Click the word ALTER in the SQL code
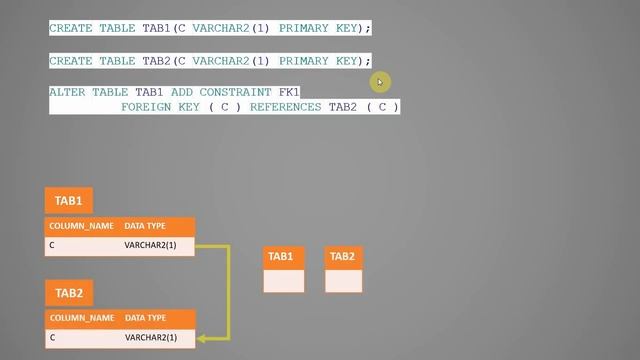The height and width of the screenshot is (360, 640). (67, 92)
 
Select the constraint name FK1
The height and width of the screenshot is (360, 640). (288, 92)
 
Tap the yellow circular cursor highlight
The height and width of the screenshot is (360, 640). (380, 82)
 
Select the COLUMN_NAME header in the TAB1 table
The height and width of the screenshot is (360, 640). (81, 227)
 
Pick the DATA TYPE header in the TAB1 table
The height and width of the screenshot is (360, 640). (145, 227)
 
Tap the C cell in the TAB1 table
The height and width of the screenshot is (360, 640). (53, 245)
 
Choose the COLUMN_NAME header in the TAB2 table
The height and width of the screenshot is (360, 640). (81, 318)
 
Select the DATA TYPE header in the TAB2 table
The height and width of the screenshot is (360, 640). (145, 318)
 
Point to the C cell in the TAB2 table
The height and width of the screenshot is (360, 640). (53, 338)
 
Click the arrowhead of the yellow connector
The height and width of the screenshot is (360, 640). (200, 338)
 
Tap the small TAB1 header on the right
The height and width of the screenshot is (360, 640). (283, 257)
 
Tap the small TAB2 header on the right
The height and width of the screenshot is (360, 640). (343, 257)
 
